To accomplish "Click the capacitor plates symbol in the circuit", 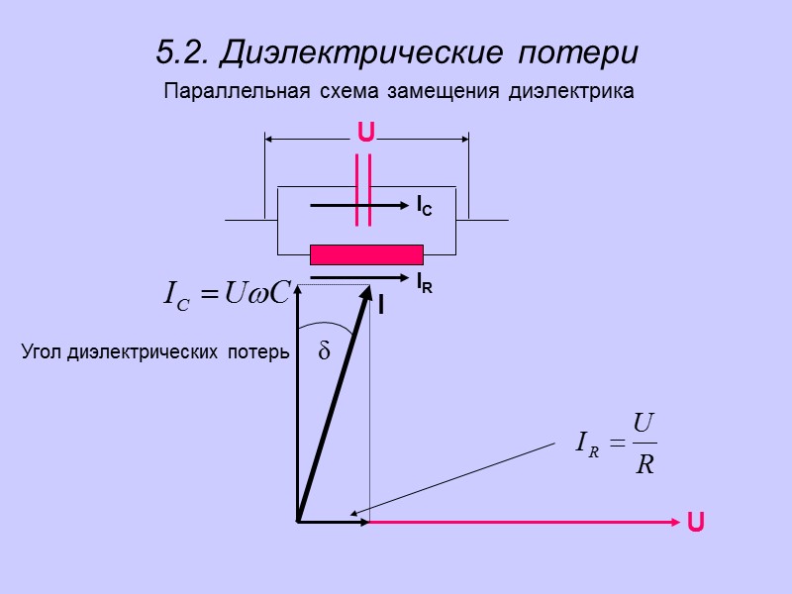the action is coord(363,193).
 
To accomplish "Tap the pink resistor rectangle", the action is coord(366,254).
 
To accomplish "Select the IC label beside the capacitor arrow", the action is coord(423,206).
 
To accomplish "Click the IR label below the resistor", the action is coord(423,282).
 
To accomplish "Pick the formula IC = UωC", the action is coord(225,293).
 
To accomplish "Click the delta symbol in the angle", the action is coord(323,351).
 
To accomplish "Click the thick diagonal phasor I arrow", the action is coord(333,406).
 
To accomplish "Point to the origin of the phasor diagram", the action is coord(297,521).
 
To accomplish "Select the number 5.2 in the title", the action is coord(176,50).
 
